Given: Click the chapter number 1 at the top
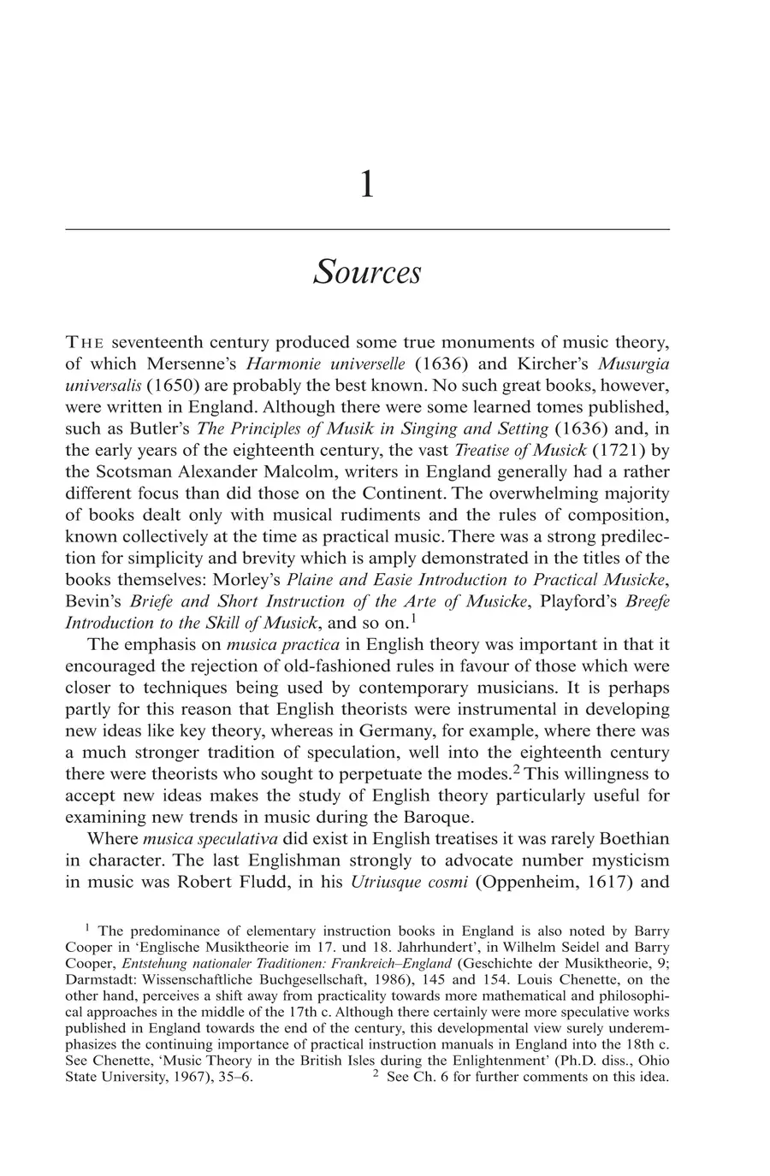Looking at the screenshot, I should [x=367, y=185].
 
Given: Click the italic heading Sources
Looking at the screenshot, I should [x=367, y=273].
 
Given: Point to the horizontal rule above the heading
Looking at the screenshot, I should [x=367, y=229].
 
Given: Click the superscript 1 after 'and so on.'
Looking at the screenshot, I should [x=413, y=618].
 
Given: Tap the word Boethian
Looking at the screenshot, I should [x=625, y=838].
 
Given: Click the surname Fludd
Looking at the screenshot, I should [x=311, y=882].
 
